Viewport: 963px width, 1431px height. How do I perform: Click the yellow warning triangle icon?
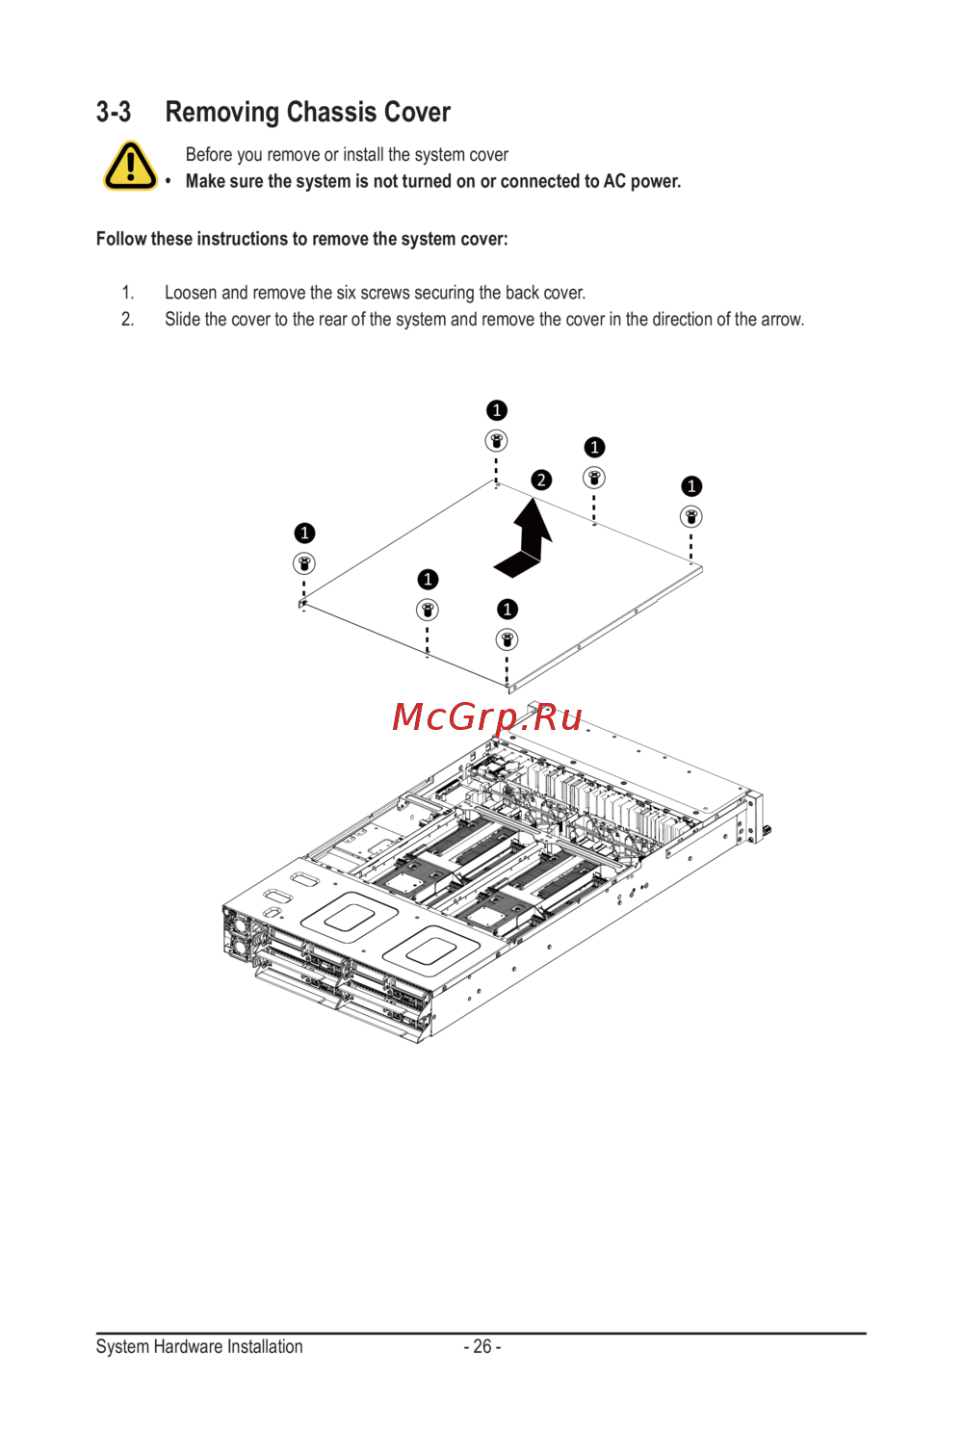coord(130,166)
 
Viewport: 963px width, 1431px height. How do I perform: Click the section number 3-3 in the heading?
coord(114,113)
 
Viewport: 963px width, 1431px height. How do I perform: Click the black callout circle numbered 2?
coord(542,480)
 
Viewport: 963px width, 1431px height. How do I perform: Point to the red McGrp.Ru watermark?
coord(487,717)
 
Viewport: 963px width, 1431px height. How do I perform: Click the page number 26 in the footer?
coord(482,1346)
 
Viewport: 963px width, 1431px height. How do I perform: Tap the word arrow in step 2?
coord(782,320)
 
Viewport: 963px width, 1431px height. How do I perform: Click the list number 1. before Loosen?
coord(127,293)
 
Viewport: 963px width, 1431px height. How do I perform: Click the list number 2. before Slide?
coord(127,320)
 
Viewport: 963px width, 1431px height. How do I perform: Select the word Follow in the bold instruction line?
coord(121,239)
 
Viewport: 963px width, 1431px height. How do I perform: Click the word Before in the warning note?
coord(209,155)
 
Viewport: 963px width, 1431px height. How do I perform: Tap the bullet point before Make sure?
coord(169,182)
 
